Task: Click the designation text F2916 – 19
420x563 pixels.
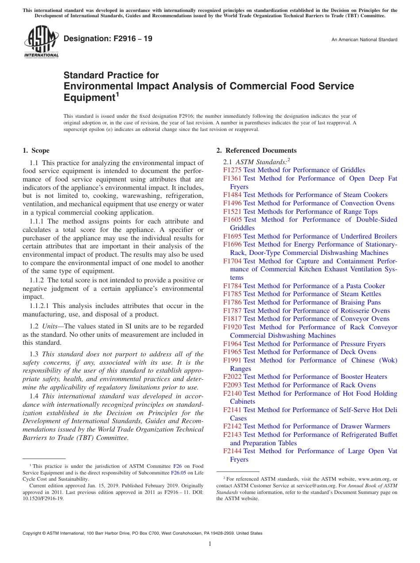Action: click(x=108, y=39)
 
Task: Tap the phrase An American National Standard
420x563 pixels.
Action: click(x=364, y=40)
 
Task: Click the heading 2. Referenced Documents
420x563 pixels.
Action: click(x=256, y=150)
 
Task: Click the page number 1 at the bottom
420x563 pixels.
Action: click(x=210, y=544)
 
